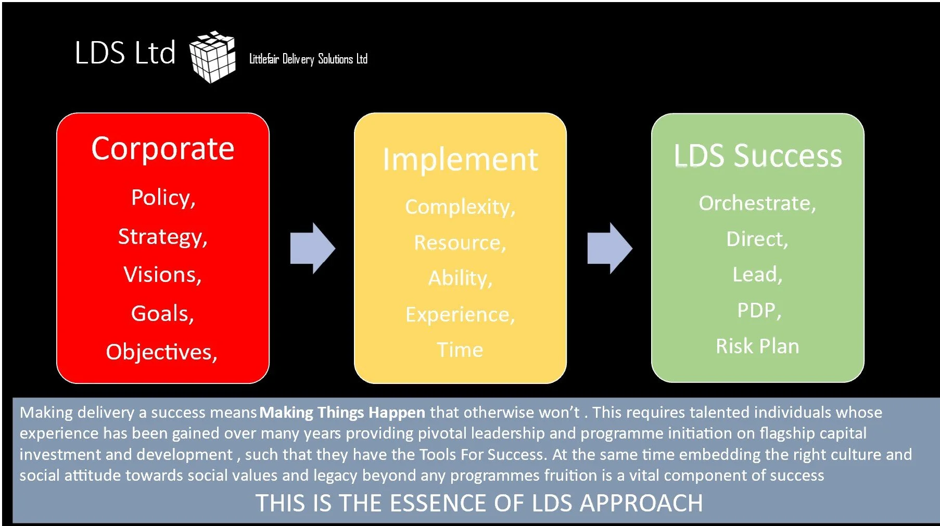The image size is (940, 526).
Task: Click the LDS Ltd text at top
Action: (125, 53)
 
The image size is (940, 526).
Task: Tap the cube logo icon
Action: (212, 56)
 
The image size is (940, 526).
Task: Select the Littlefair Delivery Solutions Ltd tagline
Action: (308, 59)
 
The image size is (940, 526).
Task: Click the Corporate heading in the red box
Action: (163, 149)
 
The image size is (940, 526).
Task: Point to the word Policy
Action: (163, 198)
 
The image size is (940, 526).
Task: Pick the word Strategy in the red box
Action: (163, 237)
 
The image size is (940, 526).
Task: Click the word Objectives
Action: (161, 352)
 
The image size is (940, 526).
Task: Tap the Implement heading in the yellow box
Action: (460, 159)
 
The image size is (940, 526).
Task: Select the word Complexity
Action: (460, 207)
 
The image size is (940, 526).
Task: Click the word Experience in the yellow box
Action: (460, 315)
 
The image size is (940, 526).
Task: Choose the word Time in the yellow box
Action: (460, 350)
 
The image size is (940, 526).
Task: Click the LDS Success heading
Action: (757, 156)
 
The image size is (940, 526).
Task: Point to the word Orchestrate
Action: (757, 203)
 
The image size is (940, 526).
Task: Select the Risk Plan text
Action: (757, 346)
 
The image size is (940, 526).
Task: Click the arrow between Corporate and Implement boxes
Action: (312, 248)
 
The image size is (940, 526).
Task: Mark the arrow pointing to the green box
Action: (609, 248)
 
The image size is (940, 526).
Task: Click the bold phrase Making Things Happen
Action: (342, 413)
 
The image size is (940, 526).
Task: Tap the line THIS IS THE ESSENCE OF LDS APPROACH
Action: (479, 503)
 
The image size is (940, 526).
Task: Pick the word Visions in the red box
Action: (162, 275)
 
